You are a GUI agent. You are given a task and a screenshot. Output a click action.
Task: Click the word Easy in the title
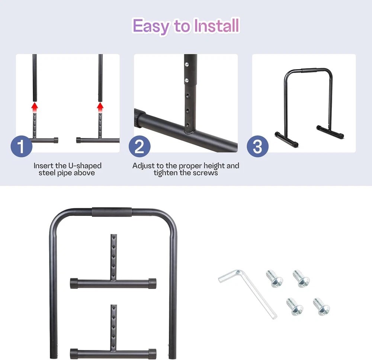tap(151, 26)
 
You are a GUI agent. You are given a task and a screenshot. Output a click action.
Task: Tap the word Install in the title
tap(216, 25)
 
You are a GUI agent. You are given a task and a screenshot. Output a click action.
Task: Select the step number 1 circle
tap(21, 146)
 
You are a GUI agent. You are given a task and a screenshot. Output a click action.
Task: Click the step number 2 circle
tap(139, 146)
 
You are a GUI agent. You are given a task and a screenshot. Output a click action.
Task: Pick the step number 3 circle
tap(258, 146)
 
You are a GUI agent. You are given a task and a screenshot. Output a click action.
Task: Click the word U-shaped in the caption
tap(85, 166)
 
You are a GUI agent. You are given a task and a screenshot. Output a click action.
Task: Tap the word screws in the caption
tap(205, 173)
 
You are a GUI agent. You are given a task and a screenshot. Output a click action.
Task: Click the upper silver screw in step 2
tap(187, 64)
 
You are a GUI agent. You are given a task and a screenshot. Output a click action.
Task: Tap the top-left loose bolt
tap(274, 278)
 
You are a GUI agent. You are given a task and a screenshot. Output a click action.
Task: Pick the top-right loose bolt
tap(301, 278)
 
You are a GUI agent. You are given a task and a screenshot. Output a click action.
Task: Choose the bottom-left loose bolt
tap(295, 306)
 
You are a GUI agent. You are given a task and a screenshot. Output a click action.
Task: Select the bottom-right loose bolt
tap(321, 306)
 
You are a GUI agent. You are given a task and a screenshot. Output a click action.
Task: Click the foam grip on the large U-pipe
tap(112, 212)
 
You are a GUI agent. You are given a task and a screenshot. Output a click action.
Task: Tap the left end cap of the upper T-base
tap(74, 283)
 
